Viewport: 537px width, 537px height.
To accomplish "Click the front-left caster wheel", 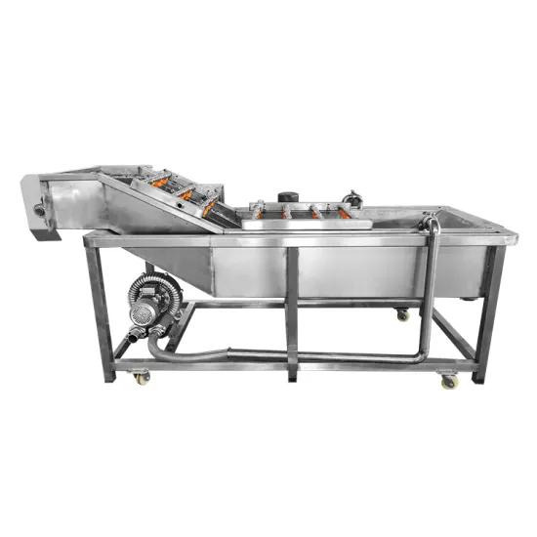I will click(x=143, y=378).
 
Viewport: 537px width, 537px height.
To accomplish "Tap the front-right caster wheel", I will click(x=449, y=382).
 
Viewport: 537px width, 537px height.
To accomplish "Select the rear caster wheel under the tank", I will click(x=402, y=314).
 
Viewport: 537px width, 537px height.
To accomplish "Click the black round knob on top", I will click(x=287, y=196).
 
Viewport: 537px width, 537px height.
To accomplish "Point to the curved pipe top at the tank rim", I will click(x=431, y=224).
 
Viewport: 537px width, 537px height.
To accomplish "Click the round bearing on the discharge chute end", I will click(x=40, y=208).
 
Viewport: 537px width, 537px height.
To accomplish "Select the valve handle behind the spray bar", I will click(x=352, y=200).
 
